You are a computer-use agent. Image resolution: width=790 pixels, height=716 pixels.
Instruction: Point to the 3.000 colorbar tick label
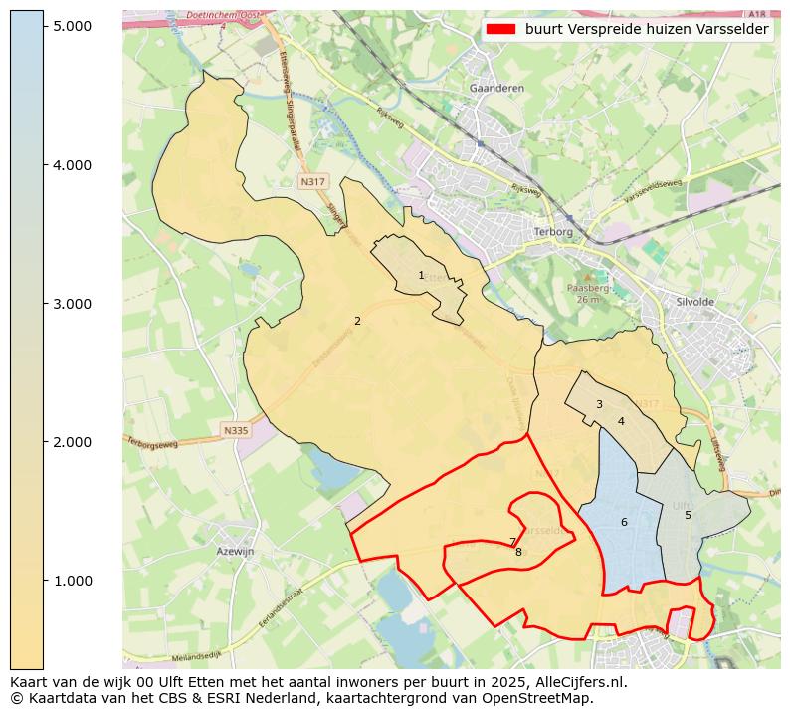point(73,304)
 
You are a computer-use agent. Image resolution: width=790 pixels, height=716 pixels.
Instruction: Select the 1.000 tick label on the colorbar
point(73,581)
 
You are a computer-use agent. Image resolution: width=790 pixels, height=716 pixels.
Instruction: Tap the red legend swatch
point(501,29)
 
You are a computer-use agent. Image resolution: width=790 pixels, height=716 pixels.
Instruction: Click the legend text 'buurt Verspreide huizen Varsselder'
point(647,29)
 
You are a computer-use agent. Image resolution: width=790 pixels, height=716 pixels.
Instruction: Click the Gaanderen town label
point(495,88)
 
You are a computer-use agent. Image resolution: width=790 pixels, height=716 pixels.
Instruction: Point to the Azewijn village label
point(236,551)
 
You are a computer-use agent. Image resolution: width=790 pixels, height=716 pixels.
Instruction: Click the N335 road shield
point(235,430)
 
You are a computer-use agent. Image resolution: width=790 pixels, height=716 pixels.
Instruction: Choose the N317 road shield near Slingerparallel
point(312,182)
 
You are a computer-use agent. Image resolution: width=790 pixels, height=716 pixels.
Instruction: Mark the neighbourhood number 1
point(421,275)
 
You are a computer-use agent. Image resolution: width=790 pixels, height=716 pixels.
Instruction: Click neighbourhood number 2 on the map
point(357,321)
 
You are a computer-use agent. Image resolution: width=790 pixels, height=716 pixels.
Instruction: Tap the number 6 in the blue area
point(624,522)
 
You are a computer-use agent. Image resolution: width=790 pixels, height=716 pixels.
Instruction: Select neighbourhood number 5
point(688,515)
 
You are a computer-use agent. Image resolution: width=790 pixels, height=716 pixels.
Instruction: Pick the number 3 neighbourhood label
point(599,404)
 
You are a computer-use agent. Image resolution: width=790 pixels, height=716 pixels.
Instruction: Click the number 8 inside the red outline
point(518,552)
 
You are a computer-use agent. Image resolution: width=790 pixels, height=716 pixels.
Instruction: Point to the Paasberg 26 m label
point(587,293)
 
